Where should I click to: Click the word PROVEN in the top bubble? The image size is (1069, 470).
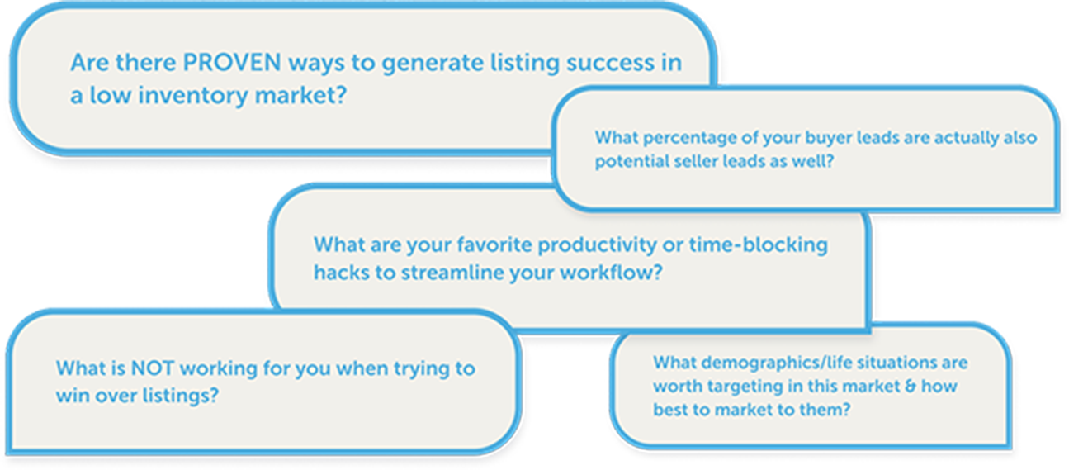[x=232, y=63]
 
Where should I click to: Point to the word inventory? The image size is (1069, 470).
[x=193, y=96]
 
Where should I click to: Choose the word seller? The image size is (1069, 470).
[x=697, y=161]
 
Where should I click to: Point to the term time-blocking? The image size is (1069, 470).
[x=759, y=245]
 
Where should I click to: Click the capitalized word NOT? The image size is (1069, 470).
[x=152, y=368]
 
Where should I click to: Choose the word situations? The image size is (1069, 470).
[x=896, y=363]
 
